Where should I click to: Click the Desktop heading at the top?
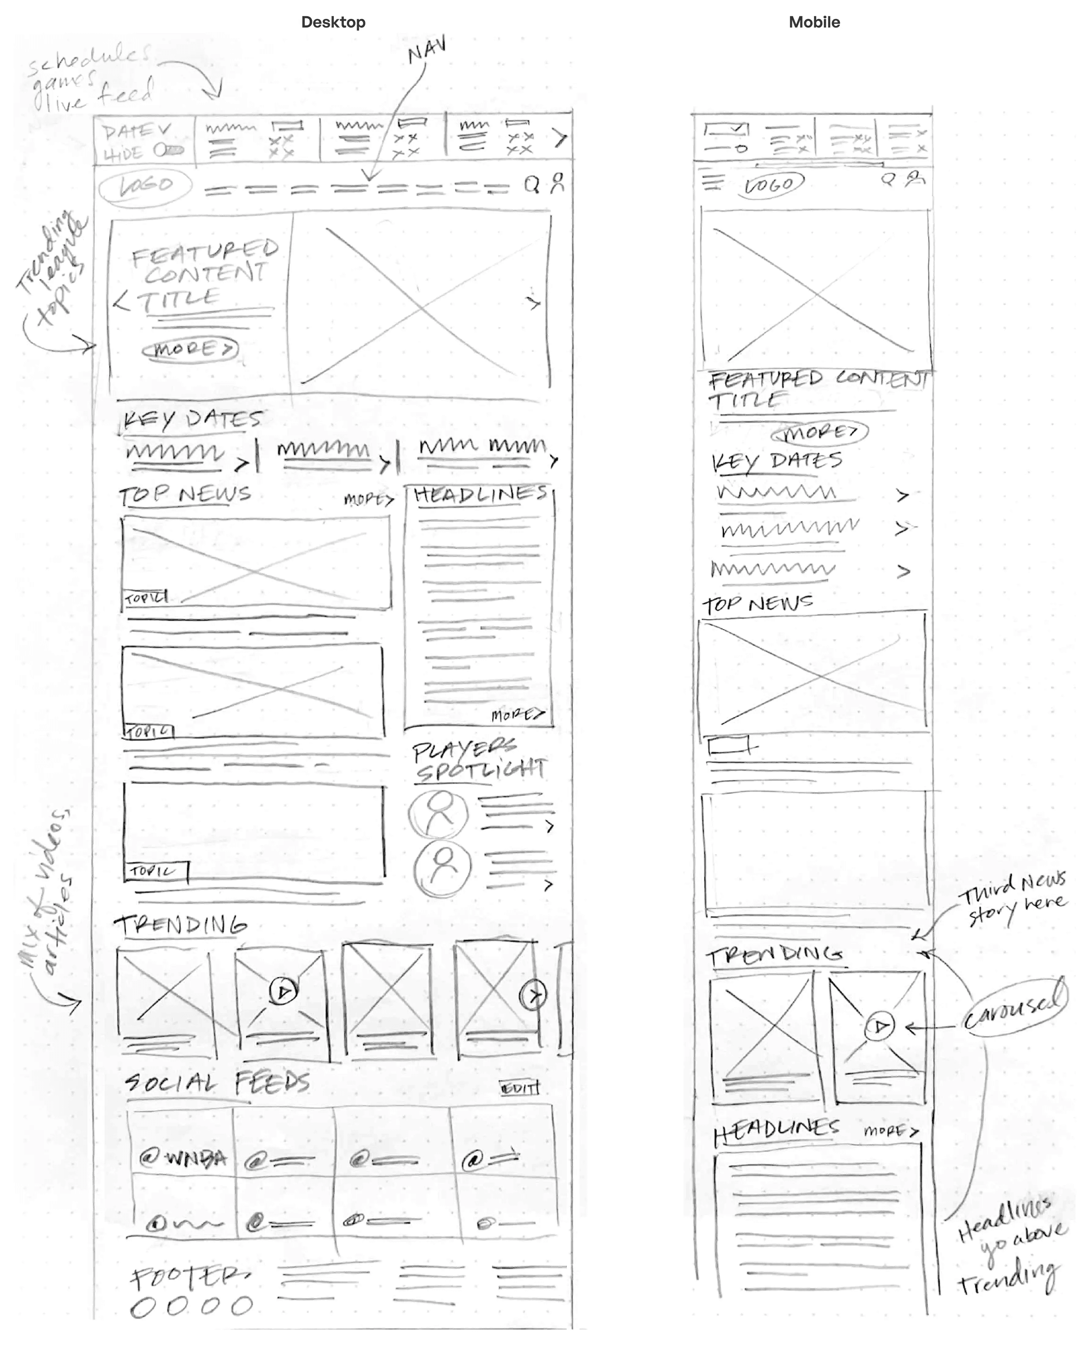[x=333, y=22]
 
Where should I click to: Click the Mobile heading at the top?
[x=814, y=22]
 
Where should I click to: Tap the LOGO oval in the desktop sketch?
[x=145, y=186]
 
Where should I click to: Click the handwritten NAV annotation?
[x=427, y=50]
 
